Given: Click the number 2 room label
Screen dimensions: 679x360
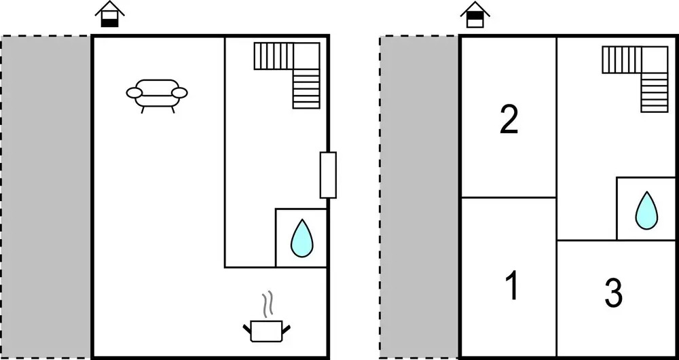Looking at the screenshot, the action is click(509, 120).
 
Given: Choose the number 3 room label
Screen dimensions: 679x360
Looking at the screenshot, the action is click(613, 293).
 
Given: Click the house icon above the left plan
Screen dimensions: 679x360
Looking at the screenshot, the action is click(110, 15).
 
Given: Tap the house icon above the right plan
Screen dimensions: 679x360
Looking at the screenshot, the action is click(475, 15).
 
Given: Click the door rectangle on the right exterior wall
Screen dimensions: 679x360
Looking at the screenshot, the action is click(328, 175).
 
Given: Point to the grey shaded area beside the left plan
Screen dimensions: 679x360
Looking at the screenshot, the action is click(45, 197).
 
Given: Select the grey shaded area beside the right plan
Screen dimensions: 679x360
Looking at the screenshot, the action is click(419, 197).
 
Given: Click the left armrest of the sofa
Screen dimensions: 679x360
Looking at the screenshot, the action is click(134, 92).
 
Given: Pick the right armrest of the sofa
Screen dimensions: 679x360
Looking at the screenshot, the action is click(180, 92).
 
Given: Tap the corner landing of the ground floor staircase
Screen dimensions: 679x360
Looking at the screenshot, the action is click(306, 56).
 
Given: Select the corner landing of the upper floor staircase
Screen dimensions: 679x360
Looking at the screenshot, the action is click(655, 60).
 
